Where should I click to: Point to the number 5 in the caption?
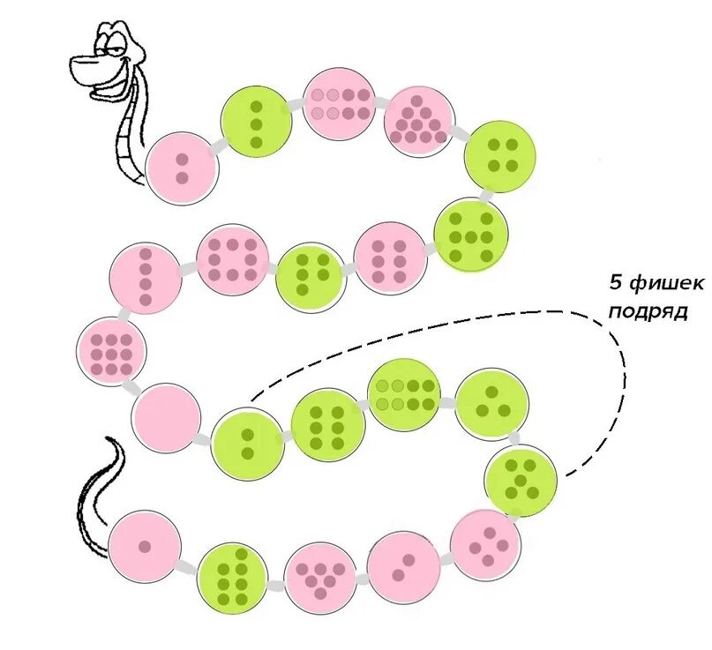(615, 284)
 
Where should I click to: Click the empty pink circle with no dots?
(166, 418)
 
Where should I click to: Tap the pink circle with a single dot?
(145, 546)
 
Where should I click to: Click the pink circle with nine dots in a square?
(111, 350)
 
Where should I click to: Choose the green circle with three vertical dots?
(257, 122)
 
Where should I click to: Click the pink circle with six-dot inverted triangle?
(319, 574)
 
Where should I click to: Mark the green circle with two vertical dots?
(247, 444)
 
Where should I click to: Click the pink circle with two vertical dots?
(182, 168)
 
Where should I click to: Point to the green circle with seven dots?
(471, 235)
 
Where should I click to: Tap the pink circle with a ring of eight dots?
(232, 259)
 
